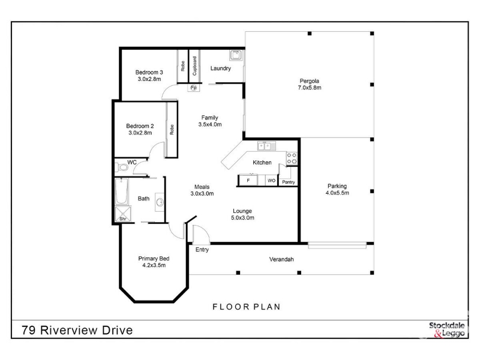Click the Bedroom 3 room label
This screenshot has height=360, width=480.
point(149,76)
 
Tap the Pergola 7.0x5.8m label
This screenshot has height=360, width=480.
point(310,84)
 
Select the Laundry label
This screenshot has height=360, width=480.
point(220,68)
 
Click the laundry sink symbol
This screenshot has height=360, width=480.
point(236,55)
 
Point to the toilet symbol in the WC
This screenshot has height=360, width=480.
point(122,167)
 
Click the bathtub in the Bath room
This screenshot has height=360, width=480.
point(122,191)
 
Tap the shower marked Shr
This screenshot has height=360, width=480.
point(123,214)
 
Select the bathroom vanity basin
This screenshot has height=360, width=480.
point(160,202)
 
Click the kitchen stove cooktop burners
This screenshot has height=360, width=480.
point(292,158)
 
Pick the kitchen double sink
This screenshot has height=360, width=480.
point(266,146)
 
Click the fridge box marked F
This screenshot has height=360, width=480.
point(248,181)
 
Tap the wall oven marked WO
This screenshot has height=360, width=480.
point(272,181)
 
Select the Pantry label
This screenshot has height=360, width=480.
point(289,182)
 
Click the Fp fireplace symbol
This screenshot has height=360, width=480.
point(193,88)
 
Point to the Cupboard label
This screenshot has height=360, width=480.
point(194,66)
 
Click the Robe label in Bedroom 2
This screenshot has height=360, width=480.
point(172,130)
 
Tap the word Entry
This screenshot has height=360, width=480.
point(202,250)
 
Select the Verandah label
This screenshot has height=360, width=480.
point(281,259)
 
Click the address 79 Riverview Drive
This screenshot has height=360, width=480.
point(77,331)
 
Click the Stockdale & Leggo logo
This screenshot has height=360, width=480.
point(447,329)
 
